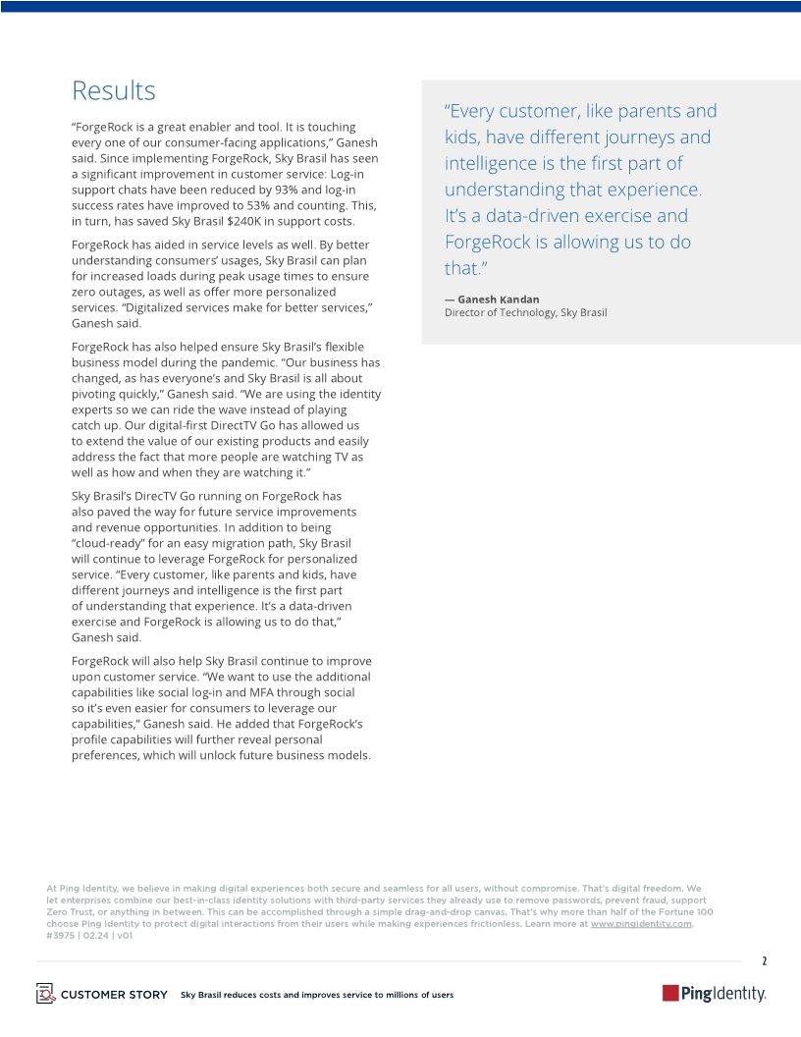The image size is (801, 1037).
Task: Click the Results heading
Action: pos(113,91)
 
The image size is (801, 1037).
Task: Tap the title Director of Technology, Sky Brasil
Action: pos(525,312)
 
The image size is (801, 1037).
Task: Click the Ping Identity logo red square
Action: pos(671,994)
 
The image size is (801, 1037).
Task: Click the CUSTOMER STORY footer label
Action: pos(114,995)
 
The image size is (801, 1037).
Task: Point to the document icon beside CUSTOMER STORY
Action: pos(45,993)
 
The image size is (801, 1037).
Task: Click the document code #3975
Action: pos(61,936)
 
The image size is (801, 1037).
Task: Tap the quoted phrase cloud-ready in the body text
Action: pos(107,543)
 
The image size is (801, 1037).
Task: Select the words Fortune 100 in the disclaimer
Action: pos(685,912)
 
